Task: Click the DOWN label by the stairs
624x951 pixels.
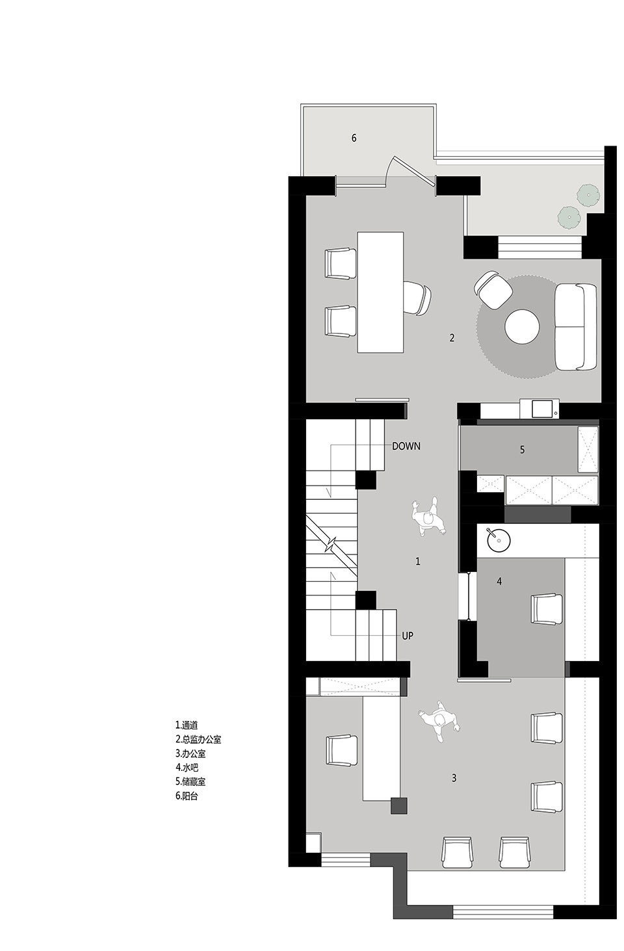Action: pyautogui.click(x=406, y=446)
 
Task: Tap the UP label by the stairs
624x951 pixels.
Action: pyautogui.click(x=408, y=636)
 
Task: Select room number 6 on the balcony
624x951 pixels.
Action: pyautogui.click(x=354, y=138)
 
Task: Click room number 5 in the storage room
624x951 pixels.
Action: pyautogui.click(x=522, y=449)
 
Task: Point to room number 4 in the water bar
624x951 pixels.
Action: pyautogui.click(x=499, y=580)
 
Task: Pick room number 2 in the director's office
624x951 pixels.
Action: pyautogui.click(x=452, y=338)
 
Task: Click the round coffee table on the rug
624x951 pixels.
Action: pyautogui.click(x=522, y=326)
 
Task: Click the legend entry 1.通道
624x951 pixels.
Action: pyautogui.click(x=187, y=725)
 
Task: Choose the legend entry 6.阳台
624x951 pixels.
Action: pyautogui.click(x=187, y=796)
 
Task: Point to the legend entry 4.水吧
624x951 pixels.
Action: pyautogui.click(x=187, y=768)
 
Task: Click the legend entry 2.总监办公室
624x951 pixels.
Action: pyautogui.click(x=198, y=739)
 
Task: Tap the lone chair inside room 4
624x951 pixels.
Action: pyautogui.click(x=547, y=609)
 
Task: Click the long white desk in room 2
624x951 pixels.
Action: pyautogui.click(x=380, y=292)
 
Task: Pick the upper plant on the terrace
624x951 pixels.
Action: pyautogui.click(x=587, y=195)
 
